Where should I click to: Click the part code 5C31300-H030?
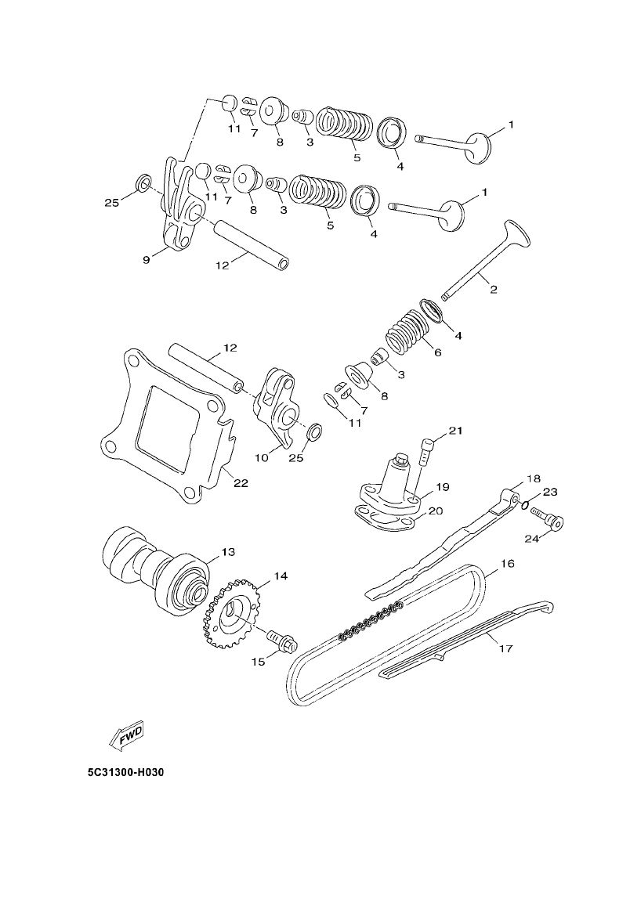coord(126,772)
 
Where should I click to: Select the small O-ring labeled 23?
coord(527,504)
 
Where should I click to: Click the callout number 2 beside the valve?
coord(493,289)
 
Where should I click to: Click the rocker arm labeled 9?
coord(179,211)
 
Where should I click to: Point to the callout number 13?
coord(227,552)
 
